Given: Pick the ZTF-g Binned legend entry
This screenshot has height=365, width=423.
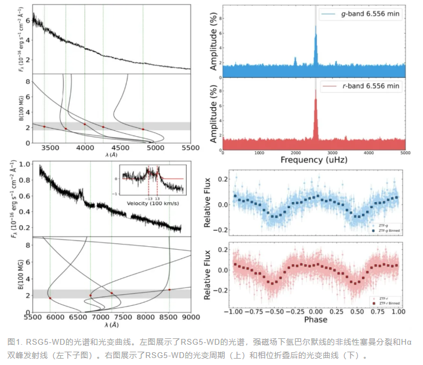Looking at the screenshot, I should click(x=385, y=231).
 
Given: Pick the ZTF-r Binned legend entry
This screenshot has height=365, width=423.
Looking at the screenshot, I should click(x=385, y=302).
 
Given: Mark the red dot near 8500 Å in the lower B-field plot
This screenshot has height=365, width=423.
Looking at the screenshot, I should click(x=169, y=289).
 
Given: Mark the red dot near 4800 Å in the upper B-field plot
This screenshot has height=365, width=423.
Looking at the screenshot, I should click(x=143, y=129).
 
